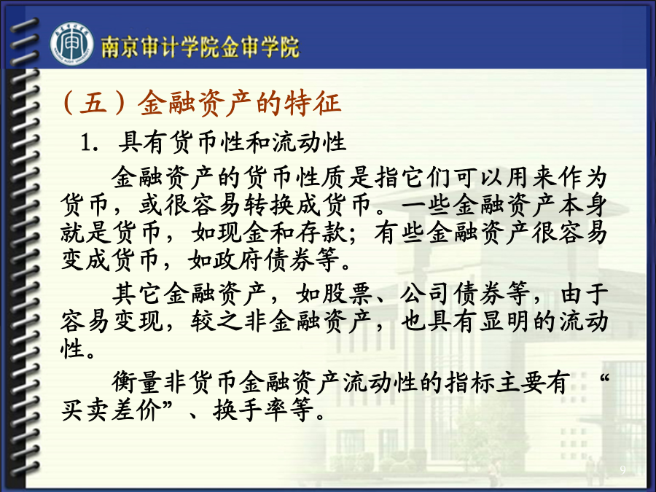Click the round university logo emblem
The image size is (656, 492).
71,44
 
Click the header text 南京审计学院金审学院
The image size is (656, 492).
200,47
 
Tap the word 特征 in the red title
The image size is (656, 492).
313,103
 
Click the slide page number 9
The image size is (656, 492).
623,470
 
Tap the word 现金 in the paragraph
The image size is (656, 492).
244,233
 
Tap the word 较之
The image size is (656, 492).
216,321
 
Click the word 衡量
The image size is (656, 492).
137,382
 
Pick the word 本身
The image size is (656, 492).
582,205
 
